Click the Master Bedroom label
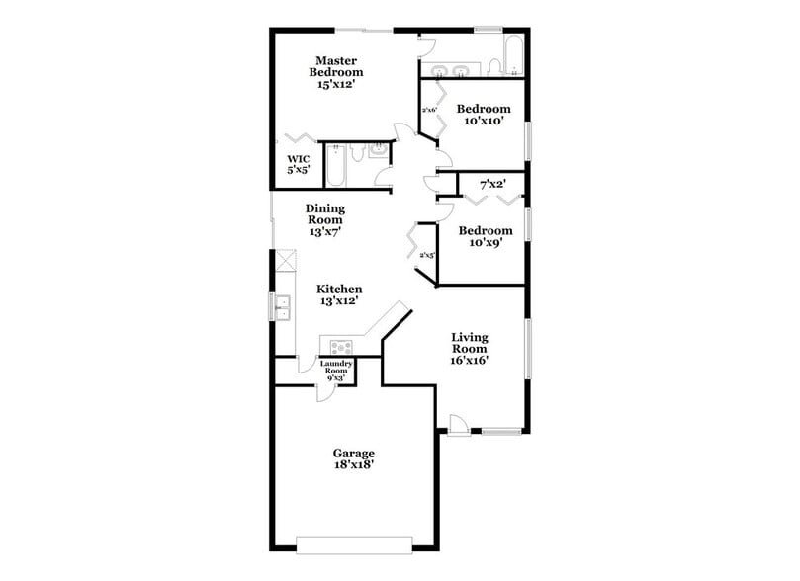pyautogui.click(x=335, y=65)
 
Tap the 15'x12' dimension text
pyautogui.click(x=336, y=85)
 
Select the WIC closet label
pyautogui.click(x=299, y=158)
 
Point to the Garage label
pyautogui.click(x=353, y=454)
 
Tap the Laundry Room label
pyautogui.click(x=336, y=368)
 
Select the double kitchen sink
pyautogui.click(x=282, y=307)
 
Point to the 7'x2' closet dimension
pyautogui.click(x=492, y=185)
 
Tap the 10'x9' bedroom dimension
pyautogui.click(x=484, y=244)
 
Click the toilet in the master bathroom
pyautogui.click(x=377, y=151)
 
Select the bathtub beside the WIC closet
pyautogui.click(x=335, y=166)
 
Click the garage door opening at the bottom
pyautogui.click(x=353, y=540)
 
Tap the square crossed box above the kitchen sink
pyautogui.click(x=285, y=261)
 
